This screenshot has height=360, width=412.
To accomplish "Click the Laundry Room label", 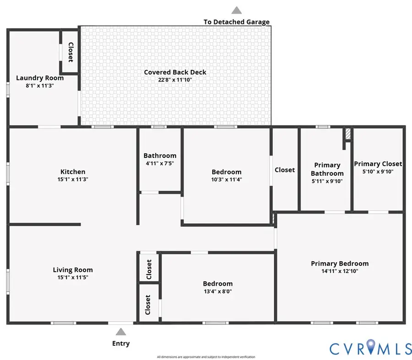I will click(x=40, y=78).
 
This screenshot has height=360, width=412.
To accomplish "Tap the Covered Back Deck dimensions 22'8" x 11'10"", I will click(x=175, y=80).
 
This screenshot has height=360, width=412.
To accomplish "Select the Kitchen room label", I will click(x=72, y=172).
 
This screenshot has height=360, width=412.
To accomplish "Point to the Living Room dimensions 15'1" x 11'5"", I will click(x=72, y=278).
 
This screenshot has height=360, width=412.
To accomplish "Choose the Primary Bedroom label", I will click(x=339, y=263).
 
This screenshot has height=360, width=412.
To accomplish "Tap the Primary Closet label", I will click(x=378, y=164).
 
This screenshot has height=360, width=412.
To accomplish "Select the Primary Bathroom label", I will click(x=327, y=169).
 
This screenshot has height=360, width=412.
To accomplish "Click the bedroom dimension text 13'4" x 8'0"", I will click(x=217, y=291).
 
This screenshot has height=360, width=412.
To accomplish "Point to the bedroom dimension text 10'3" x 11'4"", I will click(x=226, y=180).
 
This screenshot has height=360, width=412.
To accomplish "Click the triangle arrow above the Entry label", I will click(x=121, y=332).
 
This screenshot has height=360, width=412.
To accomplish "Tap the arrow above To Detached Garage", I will click(x=236, y=10).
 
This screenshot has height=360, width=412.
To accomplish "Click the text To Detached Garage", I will click(x=236, y=21).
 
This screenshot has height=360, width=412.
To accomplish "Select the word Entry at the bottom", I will click(x=121, y=344).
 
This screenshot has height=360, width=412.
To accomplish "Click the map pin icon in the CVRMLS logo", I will click(x=371, y=347).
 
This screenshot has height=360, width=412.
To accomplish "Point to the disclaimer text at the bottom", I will click(x=206, y=357).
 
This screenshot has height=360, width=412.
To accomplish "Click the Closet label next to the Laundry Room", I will click(x=70, y=52).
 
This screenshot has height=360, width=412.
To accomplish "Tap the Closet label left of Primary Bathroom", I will click(x=284, y=170).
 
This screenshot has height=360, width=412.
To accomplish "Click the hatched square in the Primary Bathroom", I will click(x=348, y=134).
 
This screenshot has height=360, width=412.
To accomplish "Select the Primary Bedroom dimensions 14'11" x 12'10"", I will click(x=339, y=271).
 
